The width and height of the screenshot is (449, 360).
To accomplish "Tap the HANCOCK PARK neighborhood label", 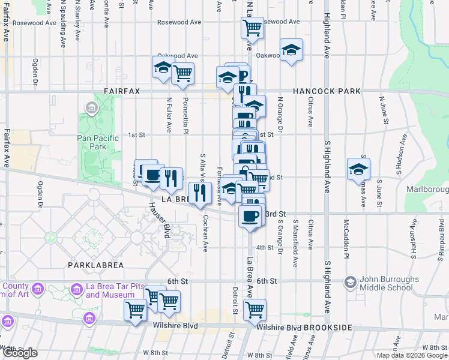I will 327,91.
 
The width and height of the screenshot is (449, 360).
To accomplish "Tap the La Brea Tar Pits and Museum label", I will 110,291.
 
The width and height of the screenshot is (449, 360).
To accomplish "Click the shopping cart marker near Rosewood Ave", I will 252,28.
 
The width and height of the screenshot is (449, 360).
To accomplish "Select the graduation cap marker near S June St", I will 358,169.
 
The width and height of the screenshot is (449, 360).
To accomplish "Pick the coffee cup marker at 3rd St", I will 250,215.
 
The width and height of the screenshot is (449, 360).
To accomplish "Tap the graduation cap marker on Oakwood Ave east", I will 291,50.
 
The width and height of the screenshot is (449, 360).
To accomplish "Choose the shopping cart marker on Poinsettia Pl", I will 182,74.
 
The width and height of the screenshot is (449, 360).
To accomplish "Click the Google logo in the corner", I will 20,353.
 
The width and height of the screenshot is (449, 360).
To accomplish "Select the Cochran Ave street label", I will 205,233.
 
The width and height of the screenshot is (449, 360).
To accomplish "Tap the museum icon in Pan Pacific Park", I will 92,109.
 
